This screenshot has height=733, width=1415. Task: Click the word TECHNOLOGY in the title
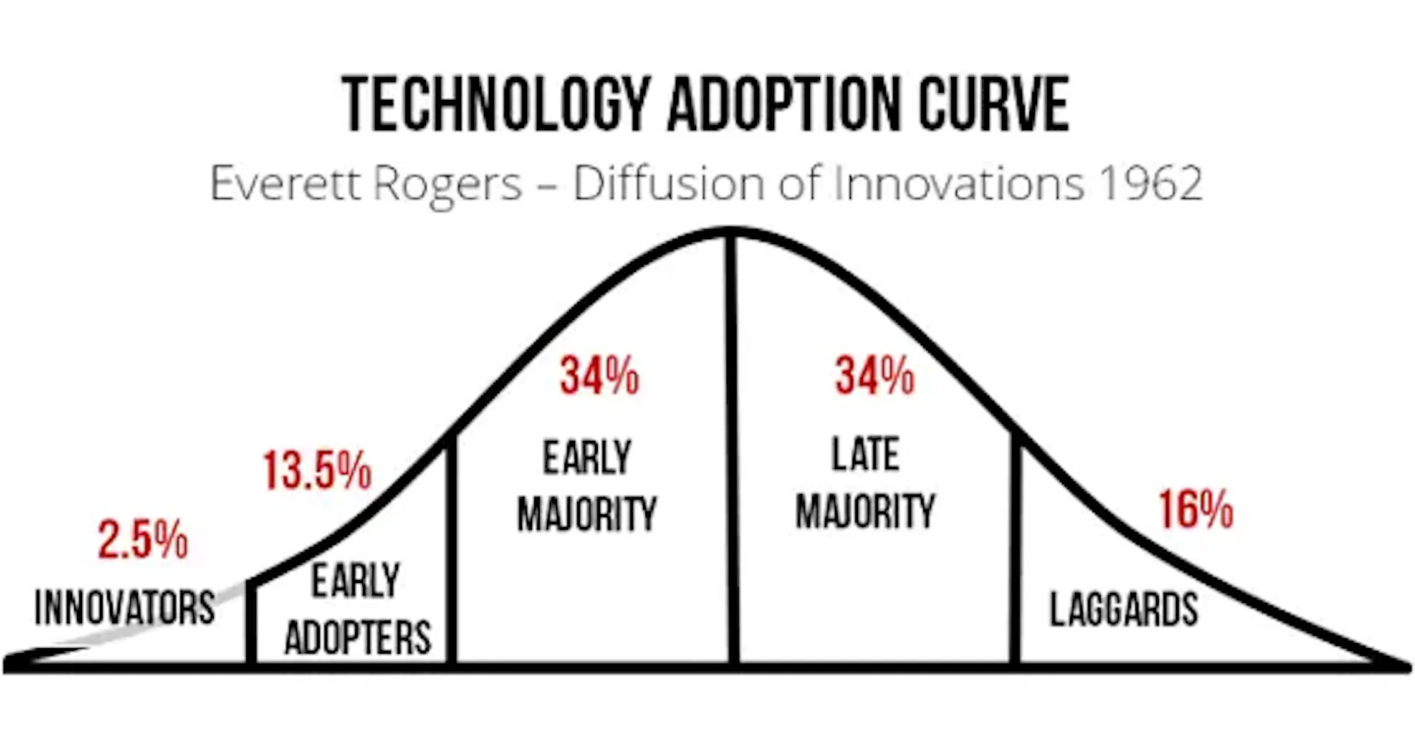tap(496, 104)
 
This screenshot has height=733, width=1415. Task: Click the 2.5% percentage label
tap(143, 540)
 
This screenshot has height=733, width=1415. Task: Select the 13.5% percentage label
tap(317, 471)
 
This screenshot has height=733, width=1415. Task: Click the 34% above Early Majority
tap(599, 375)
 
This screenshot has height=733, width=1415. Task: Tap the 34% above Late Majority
tap(875, 375)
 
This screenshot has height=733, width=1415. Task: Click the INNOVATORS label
tap(125, 608)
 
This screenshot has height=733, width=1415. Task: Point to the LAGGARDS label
tap(1124, 609)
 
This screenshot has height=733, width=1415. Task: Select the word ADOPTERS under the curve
tap(358, 637)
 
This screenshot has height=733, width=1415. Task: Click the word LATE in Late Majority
tap(865, 454)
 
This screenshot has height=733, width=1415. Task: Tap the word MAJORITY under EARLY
tap(587, 514)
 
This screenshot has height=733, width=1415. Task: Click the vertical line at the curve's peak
tap(734, 449)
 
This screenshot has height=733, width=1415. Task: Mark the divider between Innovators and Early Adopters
tap(251, 623)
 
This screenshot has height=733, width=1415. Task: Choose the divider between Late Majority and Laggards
tap(1015, 548)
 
